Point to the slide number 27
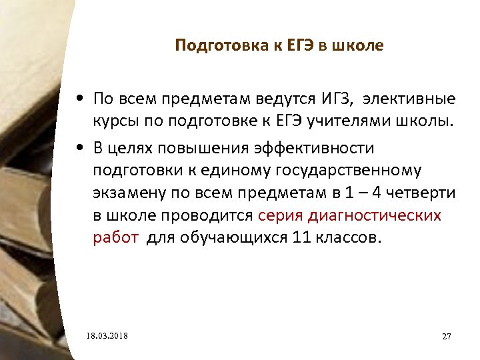click(x=447, y=336)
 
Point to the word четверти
click(x=422, y=193)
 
